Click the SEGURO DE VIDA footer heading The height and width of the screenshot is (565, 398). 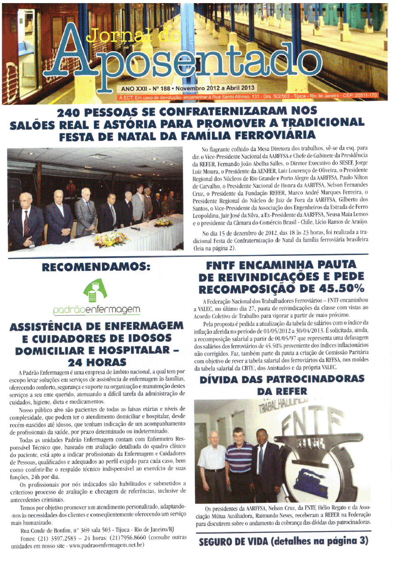pos(283,541)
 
